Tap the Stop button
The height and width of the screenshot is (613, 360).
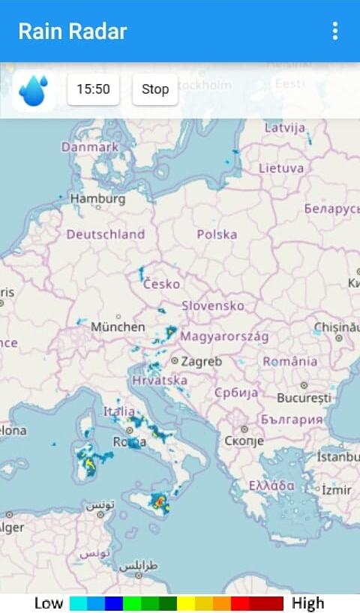155,89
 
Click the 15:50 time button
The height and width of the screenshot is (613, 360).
93,89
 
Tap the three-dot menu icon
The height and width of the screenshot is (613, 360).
334,31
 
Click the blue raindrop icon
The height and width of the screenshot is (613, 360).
34,90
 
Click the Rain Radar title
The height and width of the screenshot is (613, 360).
73,32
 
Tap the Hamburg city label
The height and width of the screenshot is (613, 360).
97,199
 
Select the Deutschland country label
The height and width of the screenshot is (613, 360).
105,234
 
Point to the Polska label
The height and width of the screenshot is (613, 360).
217,234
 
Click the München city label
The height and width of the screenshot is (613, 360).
118,327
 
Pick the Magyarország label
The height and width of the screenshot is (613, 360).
223,336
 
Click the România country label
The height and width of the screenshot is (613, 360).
290,361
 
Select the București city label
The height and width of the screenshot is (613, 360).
304,397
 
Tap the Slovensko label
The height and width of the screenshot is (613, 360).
213,306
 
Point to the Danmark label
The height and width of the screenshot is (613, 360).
90,147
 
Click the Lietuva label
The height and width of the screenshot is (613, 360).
281,168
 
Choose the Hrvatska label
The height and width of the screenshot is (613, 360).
160,380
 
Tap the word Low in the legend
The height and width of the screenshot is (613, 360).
49,603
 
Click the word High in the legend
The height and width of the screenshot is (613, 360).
308,603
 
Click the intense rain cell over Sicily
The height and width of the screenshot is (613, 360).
159,501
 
